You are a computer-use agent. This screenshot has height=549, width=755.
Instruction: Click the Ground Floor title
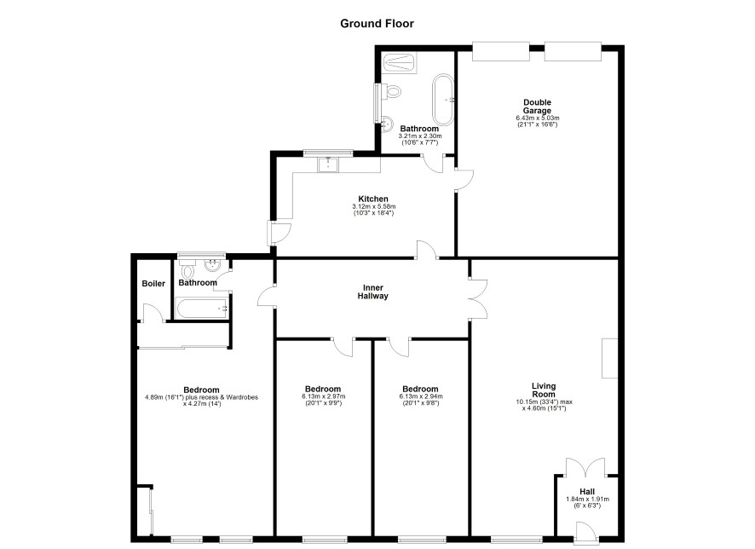click(x=377, y=24)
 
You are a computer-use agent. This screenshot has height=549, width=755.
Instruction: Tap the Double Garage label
click(x=537, y=107)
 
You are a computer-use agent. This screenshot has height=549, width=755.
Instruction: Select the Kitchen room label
click(x=373, y=199)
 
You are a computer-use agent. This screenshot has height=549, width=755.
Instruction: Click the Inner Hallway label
click(x=372, y=292)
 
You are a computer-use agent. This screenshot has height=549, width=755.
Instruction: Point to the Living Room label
click(x=544, y=390)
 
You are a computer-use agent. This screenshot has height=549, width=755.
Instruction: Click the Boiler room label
click(x=153, y=284)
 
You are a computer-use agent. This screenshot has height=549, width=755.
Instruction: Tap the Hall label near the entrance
click(x=587, y=492)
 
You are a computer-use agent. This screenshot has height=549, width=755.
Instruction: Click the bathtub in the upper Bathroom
click(x=443, y=100)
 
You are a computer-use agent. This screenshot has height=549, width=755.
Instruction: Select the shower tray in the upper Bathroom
click(x=400, y=63)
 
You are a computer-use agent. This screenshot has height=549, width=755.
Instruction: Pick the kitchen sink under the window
click(x=328, y=165)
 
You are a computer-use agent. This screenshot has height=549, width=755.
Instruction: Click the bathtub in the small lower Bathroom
click(x=202, y=309)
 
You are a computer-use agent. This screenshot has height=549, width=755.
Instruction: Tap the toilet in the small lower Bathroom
click(x=187, y=270)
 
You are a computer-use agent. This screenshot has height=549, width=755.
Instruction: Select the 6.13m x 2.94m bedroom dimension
click(x=420, y=396)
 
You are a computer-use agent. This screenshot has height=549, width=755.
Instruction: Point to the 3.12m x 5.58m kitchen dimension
click(x=373, y=206)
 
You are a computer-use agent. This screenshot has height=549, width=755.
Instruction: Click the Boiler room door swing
click(x=153, y=311)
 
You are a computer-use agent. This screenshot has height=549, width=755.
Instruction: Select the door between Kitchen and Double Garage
click(x=464, y=180)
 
